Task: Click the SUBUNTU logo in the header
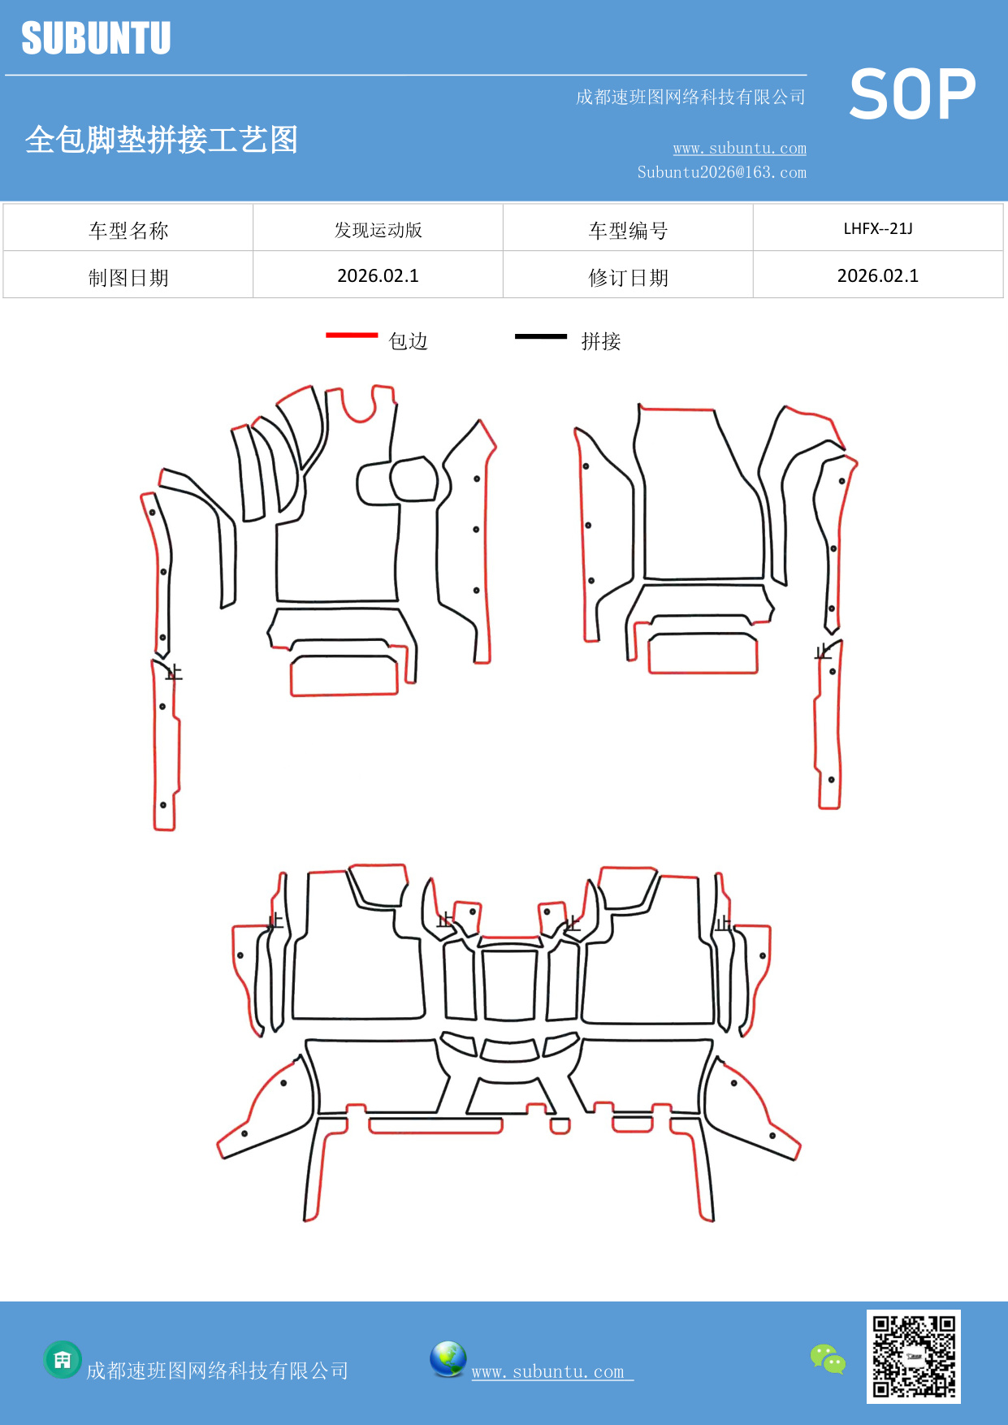(x=96, y=38)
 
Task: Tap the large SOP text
(x=912, y=94)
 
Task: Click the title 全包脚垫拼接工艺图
(x=162, y=140)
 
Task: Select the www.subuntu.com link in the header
(x=739, y=148)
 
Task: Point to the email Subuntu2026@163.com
(x=721, y=172)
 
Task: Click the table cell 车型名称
(x=128, y=231)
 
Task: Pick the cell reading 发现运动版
(x=379, y=230)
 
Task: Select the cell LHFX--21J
(x=878, y=228)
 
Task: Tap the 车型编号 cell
(x=628, y=231)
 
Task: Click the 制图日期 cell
(x=128, y=278)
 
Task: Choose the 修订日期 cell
(x=628, y=278)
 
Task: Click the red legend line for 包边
(x=352, y=335)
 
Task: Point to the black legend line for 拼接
(x=541, y=336)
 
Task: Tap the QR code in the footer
(x=913, y=1356)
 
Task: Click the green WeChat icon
(x=828, y=1359)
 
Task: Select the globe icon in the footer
(x=448, y=1359)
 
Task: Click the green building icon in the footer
(x=63, y=1359)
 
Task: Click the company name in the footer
(x=218, y=1371)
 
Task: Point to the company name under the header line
(x=690, y=97)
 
